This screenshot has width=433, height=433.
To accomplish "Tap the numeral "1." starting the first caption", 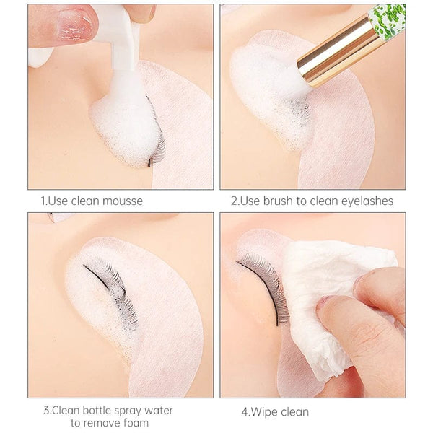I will tap(44, 201).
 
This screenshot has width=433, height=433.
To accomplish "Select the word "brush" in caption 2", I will tap(279, 201).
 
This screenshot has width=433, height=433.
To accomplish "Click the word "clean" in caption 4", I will tap(294, 412).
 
